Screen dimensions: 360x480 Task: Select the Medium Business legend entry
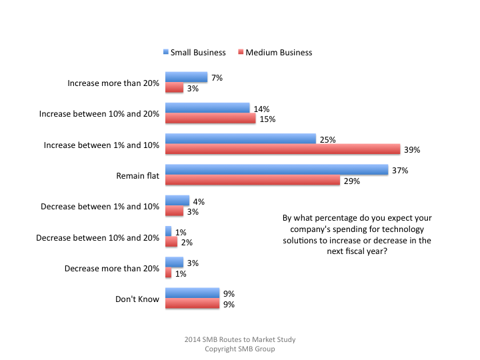click(x=274, y=52)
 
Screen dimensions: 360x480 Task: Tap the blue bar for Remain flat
click(x=276, y=170)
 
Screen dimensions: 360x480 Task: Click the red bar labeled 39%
click(x=282, y=150)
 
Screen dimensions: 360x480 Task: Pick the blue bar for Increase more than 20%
click(x=186, y=77)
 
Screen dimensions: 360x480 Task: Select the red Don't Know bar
click(x=192, y=305)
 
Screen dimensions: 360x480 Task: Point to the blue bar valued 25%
click(x=240, y=139)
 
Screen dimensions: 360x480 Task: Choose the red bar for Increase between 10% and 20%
click(x=210, y=119)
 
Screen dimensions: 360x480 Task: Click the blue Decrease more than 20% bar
click(x=174, y=263)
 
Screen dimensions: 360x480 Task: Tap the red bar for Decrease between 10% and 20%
click(x=171, y=242)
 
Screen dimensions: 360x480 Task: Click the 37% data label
click(x=400, y=170)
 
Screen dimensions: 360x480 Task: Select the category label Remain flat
click(x=138, y=176)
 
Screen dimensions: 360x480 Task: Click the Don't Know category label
click(x=137, y=299)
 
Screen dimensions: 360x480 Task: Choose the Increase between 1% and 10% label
click(x=101, y=145)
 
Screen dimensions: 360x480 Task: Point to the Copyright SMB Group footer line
click(x=240, y=349)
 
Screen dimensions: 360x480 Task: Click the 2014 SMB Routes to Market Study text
click(x=240, y=339)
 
